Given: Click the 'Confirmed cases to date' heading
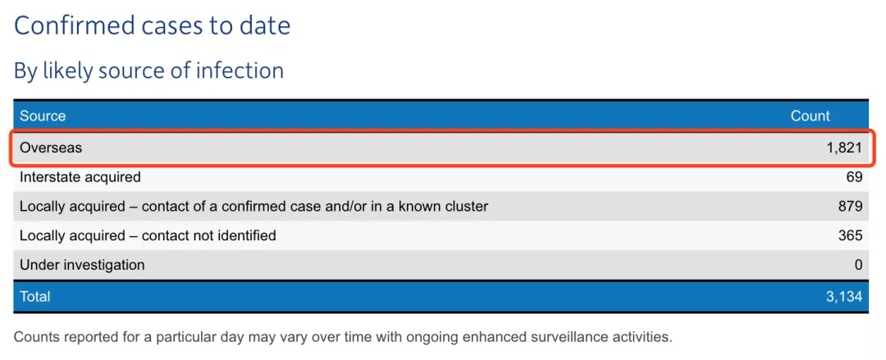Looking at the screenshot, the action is click(152, 25).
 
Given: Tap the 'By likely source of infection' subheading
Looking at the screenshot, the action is click(148, 71).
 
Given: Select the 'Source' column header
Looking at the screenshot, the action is click(43, 116).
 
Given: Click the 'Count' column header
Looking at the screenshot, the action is click(810, 116).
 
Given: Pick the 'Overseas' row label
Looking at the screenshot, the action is click(51, 148).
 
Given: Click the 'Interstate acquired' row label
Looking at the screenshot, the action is click(80, 177).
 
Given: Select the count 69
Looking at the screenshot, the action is click(855, 177).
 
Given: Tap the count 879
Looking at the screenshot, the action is click(851, 207).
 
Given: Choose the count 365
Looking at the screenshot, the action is click(851, 235).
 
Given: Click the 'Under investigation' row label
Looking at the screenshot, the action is click(82, 265).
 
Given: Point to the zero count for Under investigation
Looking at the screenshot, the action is click(859, 265).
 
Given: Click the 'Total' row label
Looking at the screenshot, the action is click(35, 297).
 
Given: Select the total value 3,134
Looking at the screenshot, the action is click(845, 297).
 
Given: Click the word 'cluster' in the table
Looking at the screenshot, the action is click(465, 207).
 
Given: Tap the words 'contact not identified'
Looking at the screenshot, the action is click(209, 235).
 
